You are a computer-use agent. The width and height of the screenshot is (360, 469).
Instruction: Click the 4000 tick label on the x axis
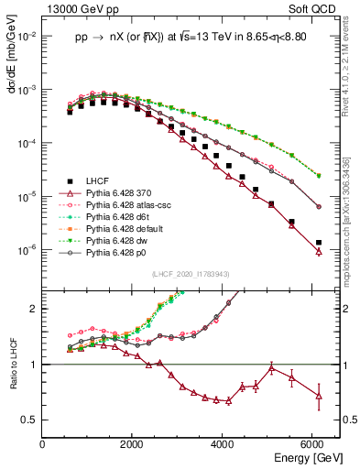point(223,444)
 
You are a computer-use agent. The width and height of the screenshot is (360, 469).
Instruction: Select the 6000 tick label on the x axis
point(312,444)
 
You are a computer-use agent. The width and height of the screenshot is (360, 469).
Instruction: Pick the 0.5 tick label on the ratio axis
point(30,420)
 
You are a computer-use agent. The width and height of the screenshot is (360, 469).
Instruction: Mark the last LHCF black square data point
point(318,243)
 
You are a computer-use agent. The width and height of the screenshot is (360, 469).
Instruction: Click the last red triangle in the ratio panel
point(318,396)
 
